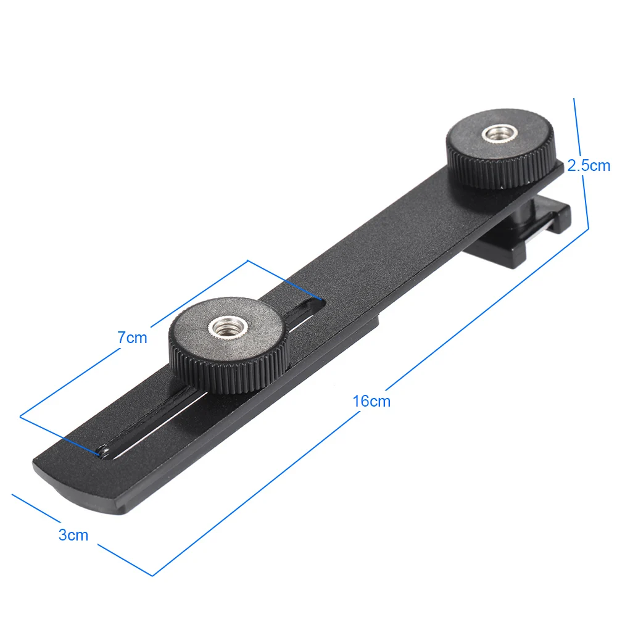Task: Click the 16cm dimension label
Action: click(371, 401)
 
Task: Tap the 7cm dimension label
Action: click(133, 337)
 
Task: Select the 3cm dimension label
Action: click(73, 535)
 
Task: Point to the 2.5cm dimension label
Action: click(588, 165)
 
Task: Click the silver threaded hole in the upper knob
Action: click(498, 133)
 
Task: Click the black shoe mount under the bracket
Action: click(524, 228)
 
